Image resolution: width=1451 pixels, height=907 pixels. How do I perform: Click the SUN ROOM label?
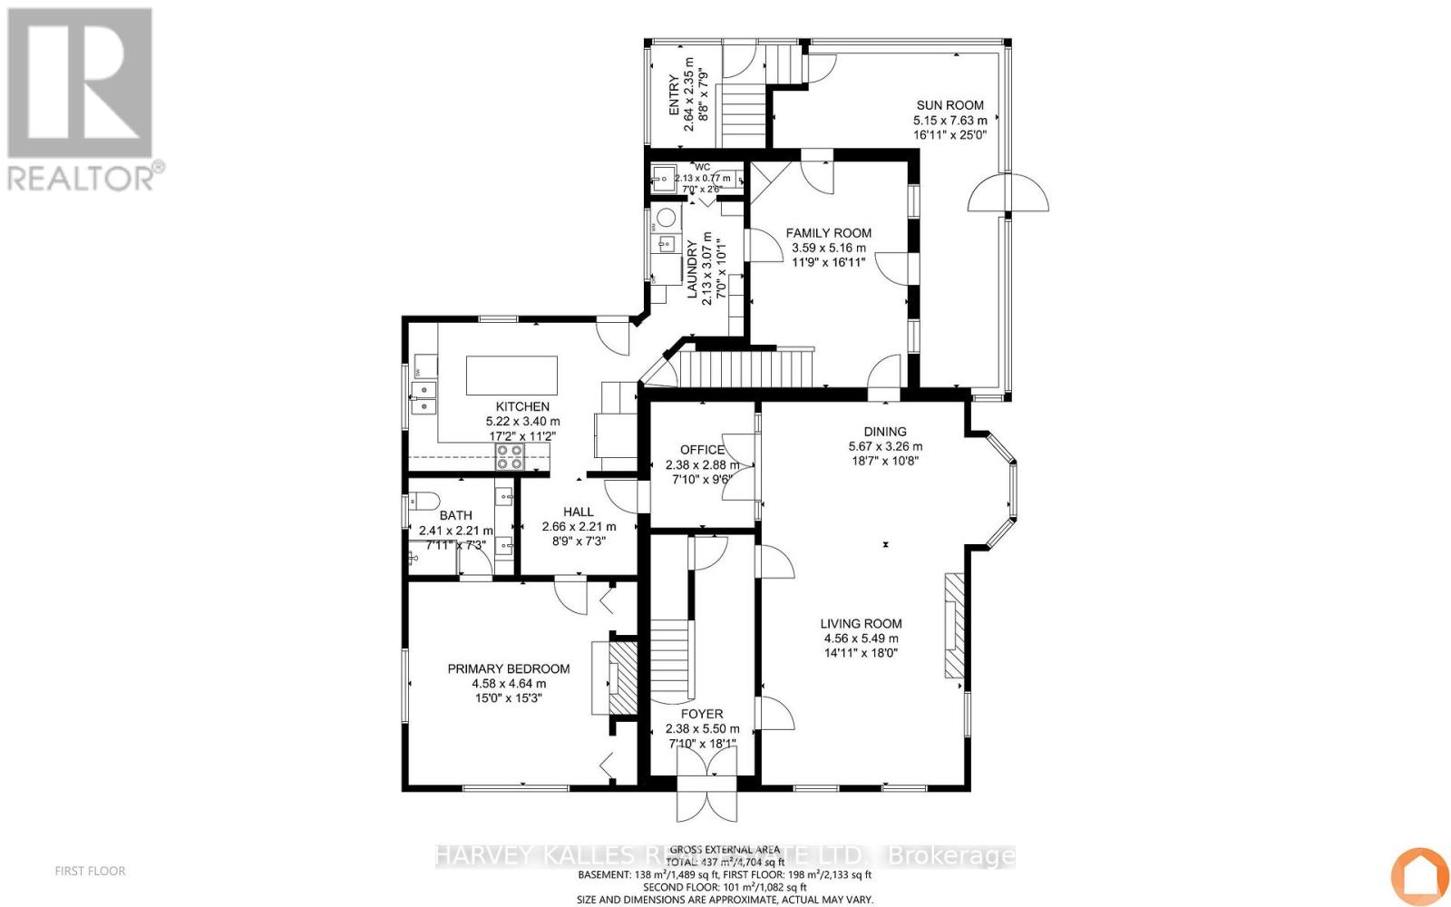point(949,105)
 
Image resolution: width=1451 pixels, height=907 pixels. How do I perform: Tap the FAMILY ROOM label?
point(828,233)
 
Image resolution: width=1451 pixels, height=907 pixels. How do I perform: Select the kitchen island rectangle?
point(511,374)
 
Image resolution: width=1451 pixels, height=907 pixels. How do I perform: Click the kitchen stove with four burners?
point(509,456)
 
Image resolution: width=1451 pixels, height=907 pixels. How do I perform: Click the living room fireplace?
point(952,625)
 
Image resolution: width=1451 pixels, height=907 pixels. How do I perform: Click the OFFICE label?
point(702,450)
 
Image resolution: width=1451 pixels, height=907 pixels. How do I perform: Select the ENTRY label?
point(674,95)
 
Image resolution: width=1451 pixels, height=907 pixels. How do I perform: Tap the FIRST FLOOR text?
point(90,871)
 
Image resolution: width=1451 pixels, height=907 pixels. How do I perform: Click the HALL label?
point(578,512)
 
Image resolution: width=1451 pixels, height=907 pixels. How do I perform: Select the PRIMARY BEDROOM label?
point(508,668)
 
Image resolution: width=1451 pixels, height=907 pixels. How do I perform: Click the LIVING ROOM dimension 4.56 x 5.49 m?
point(861,638)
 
